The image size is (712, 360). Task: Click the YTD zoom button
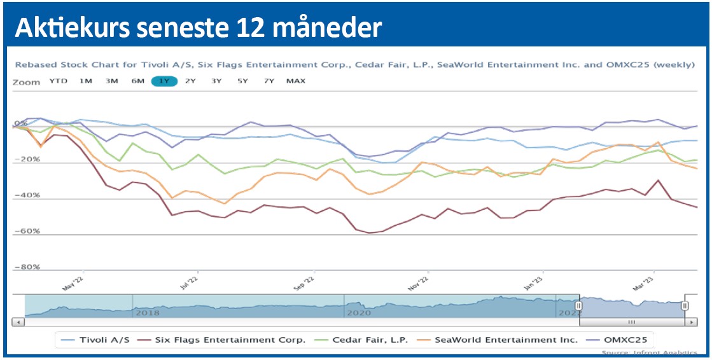(58, 81)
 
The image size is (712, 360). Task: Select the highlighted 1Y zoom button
(164, 81)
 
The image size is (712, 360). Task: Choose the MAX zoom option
(296, 81)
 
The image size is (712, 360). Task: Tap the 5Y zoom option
(242, 81)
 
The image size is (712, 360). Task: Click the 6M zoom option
(137, 81)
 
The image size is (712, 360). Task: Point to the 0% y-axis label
(21, 123)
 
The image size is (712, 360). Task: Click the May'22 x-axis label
(73, 282)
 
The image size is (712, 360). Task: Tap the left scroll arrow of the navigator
(18, 322)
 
